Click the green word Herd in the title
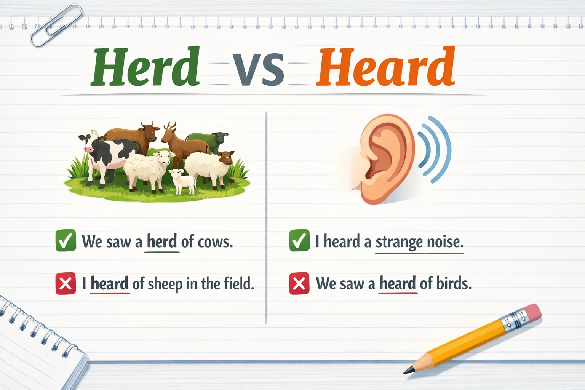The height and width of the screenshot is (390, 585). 145,67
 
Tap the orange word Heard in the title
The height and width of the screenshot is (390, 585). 385,67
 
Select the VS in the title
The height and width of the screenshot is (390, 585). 258,69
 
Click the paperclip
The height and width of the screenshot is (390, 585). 56,25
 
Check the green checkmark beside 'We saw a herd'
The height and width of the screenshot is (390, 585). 66,241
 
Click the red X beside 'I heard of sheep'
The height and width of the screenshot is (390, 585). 66,284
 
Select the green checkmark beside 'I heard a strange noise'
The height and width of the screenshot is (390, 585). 299,241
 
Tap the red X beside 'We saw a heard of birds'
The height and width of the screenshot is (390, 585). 299,284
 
